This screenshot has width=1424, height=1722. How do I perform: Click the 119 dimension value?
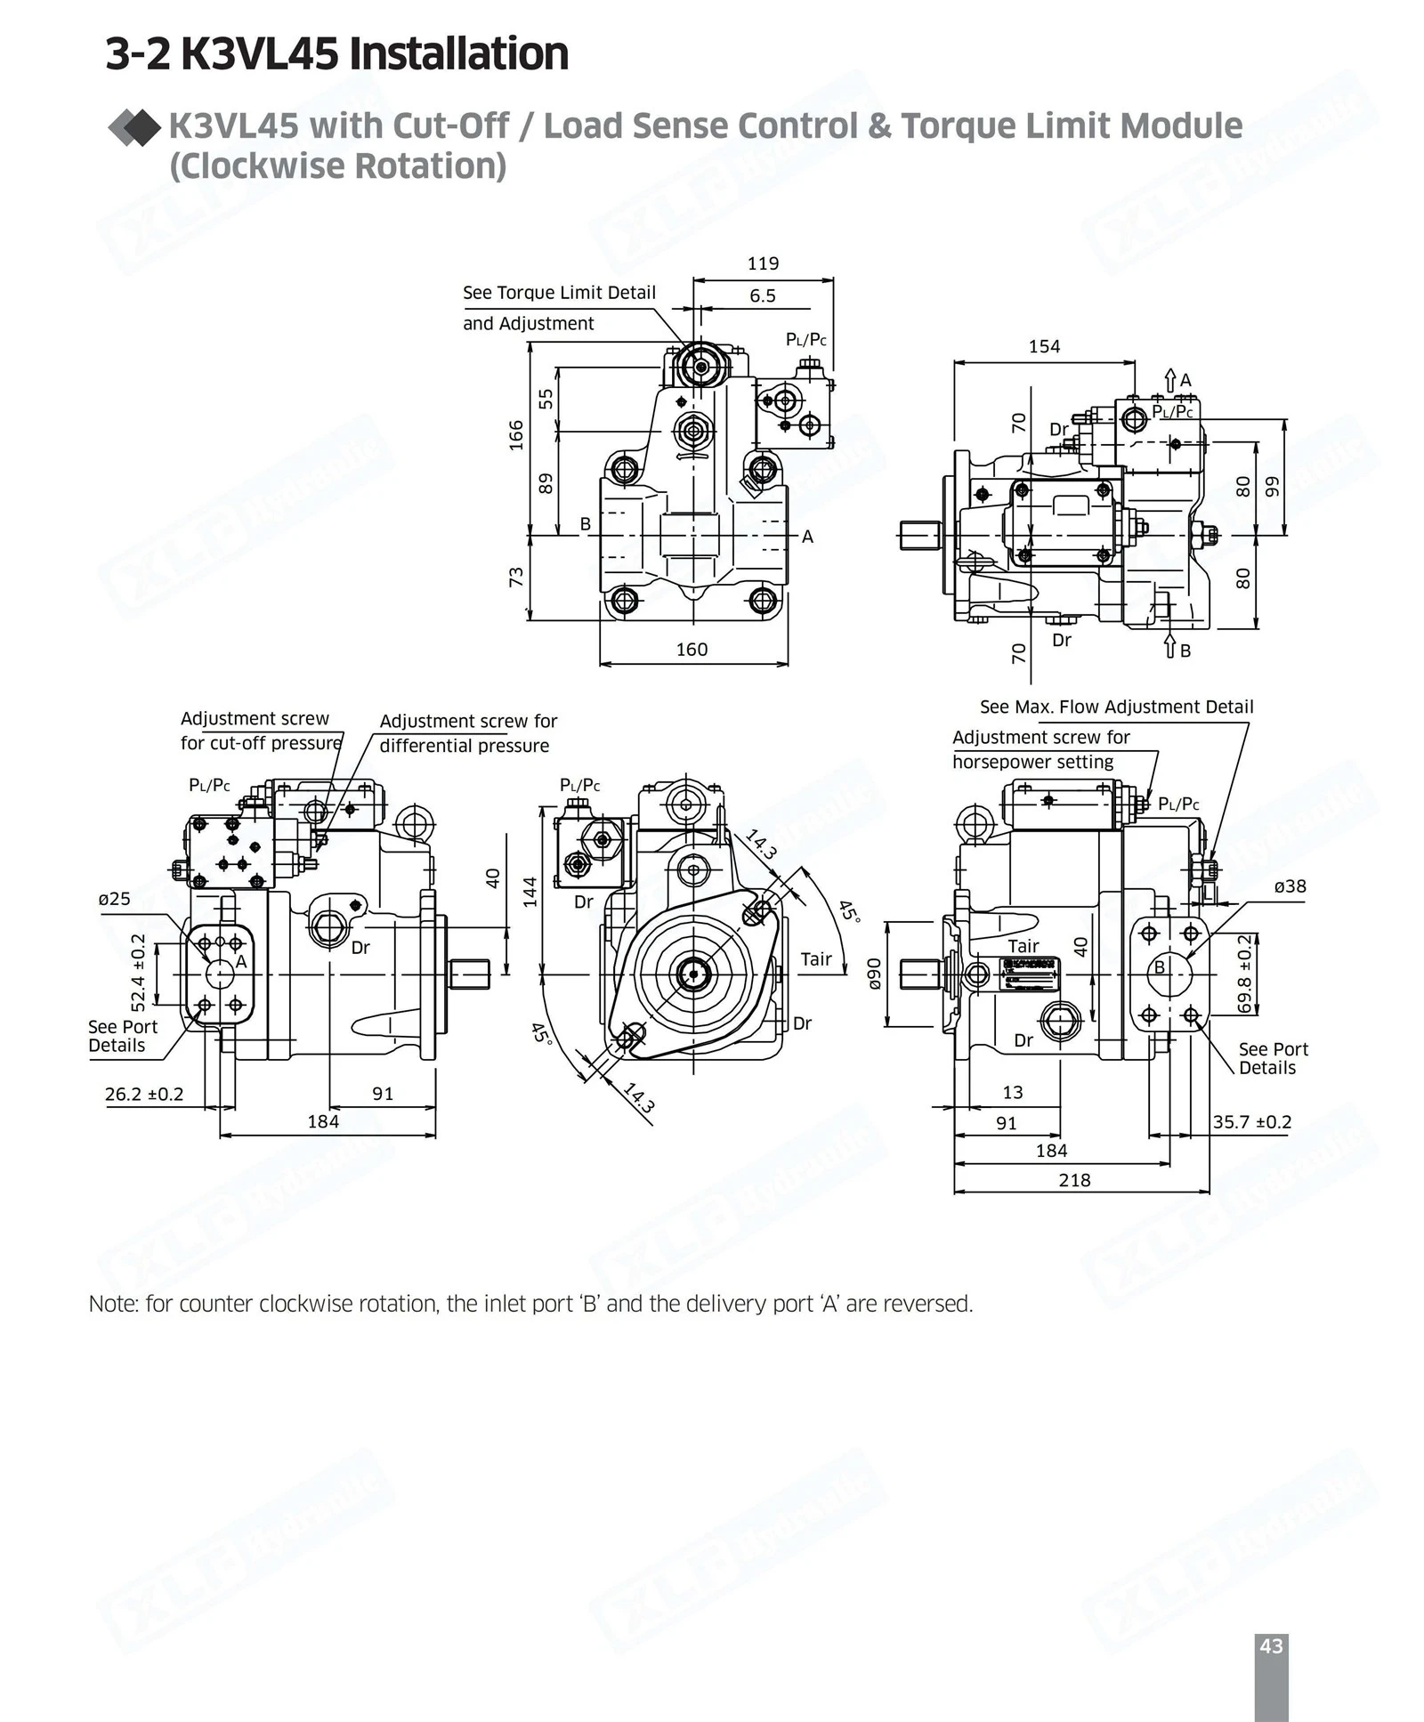763,263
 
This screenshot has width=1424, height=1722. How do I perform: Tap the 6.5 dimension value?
763,295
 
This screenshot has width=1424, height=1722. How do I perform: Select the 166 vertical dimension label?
516,435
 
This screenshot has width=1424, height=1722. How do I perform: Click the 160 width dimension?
692,650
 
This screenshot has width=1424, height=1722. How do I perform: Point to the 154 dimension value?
1044,346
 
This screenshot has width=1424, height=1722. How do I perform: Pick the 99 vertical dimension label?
1272,487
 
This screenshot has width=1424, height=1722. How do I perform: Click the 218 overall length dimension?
1074,1180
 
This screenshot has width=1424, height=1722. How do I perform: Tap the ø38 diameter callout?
1290,886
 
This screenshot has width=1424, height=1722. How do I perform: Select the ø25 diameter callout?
115,899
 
